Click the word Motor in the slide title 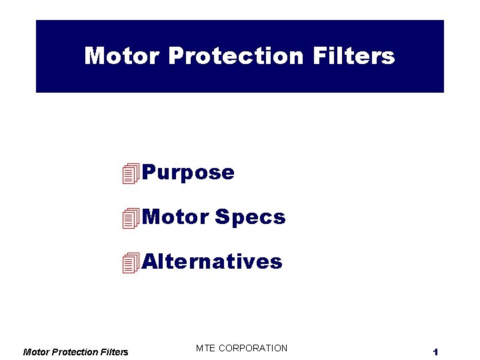pos(122,56)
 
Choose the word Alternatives pos(212,261)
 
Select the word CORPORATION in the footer pos(254,348)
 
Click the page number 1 pos(434,352)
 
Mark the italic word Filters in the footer pos(115,352)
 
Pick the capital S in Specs pos(221,217)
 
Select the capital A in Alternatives pos(150,261)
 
